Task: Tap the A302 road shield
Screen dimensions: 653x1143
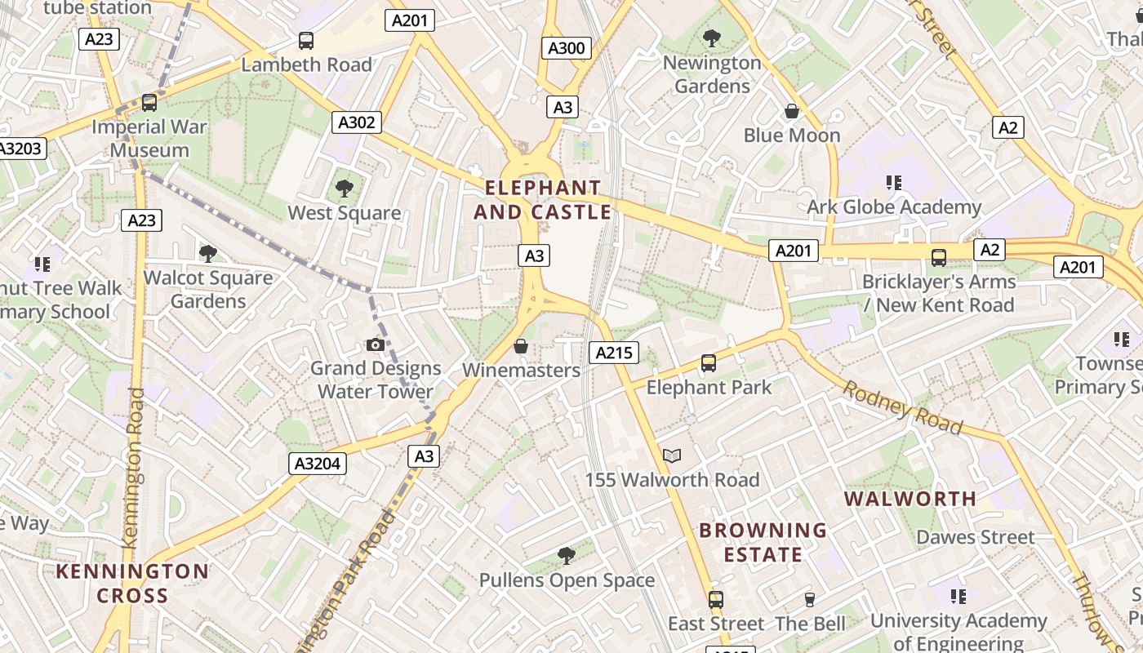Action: coord(357,122)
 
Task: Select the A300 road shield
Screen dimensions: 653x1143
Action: coord(566,48)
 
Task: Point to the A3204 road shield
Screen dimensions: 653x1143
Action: coord(318,464)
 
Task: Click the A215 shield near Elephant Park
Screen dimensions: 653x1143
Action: coord(613,353)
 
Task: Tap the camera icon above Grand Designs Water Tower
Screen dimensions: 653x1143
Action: coord(376,344)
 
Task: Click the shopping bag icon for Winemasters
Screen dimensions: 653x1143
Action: coord(520,347)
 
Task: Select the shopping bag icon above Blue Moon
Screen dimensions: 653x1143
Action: coord(791,111)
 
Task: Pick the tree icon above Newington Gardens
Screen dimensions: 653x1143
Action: coord(711,38)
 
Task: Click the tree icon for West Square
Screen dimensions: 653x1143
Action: coord(345,189)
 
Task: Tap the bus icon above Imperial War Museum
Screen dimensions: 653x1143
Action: coord(149,103)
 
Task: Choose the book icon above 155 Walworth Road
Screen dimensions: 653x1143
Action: coord(672,455)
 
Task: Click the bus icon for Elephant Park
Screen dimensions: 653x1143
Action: coord(708,363)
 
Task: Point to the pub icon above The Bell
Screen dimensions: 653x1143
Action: coord(810,599)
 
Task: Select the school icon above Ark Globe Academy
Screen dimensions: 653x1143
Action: coord(894,183)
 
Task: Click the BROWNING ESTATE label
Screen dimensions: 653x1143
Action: coord(763,542)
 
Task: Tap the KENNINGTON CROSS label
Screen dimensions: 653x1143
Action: coord(132,583)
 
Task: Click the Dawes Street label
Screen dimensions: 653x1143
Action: coord(975,537)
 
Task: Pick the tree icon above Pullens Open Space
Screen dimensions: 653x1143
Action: coord(566,557)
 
